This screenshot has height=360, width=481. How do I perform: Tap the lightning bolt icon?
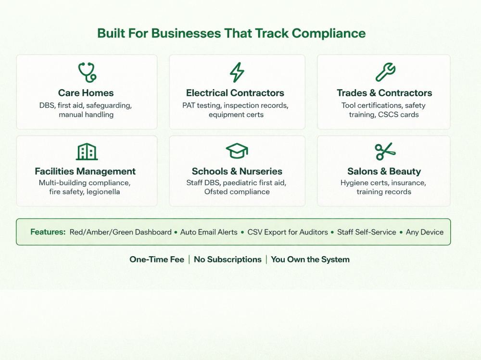[237, 73]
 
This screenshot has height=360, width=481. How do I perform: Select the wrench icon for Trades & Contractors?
[385, 72]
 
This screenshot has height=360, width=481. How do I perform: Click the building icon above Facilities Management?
[87, 151]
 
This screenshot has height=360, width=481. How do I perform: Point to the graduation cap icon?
[237, 151]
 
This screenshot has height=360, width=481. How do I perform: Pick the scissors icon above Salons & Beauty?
[385, 151]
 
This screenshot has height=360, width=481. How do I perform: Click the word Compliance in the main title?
[329, 34]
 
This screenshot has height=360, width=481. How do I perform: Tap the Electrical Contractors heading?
[235, 93]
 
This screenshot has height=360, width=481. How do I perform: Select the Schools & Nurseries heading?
[237, 171]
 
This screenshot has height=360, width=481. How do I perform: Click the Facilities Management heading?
[85, 171]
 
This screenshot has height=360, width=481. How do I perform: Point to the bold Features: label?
[48, 232]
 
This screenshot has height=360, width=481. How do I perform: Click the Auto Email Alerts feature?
[209, 232]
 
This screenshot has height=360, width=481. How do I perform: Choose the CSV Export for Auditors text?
[288, 232]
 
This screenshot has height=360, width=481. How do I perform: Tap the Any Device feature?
[425, 232]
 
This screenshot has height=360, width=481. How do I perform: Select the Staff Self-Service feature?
[367, 232]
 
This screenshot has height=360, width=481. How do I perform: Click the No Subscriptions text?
[228, 260]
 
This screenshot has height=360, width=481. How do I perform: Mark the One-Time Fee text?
[157, 260]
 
